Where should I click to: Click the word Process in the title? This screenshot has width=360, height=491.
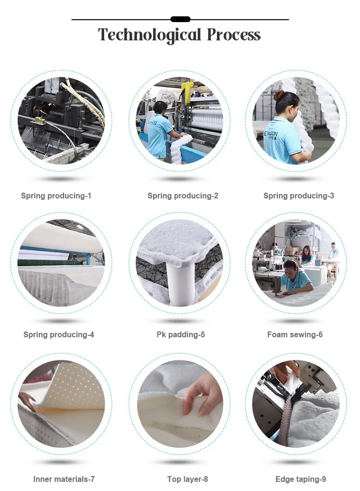click(x=234, y=35)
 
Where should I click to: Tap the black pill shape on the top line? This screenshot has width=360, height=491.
click(x=180, y=19)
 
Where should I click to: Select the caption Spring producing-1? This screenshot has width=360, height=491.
click(x=56, y=196)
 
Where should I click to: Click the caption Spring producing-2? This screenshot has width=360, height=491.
click(x=183, y=196)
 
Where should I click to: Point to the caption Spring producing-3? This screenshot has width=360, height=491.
click(x=299, y=196)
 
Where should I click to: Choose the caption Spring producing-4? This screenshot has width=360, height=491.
click(x=59, y=334)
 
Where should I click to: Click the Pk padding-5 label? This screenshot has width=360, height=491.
click(x=180, y=334)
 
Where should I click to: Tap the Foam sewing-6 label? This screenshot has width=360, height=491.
click(x=295, y=334)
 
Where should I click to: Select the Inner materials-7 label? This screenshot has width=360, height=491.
click(x=64, y=479)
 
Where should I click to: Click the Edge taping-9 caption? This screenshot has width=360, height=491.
click(x=300, y=479)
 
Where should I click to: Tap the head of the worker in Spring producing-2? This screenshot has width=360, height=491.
click(x=160, y=107)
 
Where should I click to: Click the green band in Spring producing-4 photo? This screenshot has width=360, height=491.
click(x=48, y=262)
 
